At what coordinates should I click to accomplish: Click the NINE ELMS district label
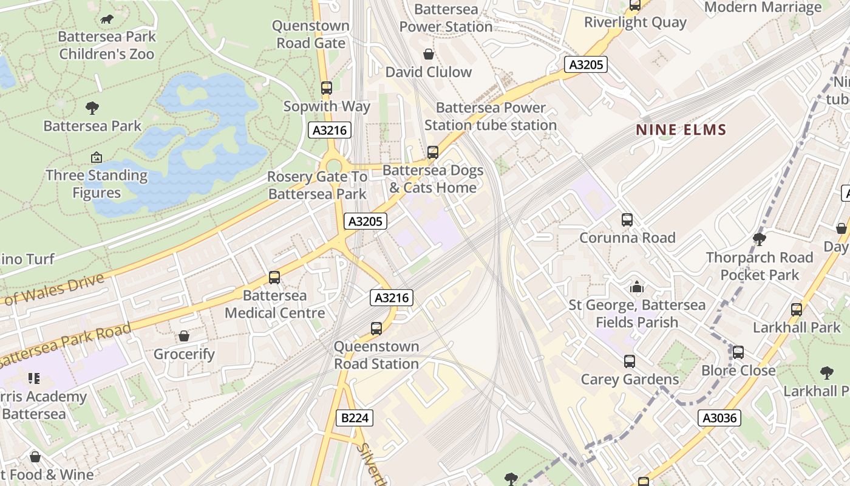pos(681,129)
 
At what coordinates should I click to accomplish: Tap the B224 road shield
pos(355,418)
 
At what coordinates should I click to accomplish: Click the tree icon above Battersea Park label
pos(92,108)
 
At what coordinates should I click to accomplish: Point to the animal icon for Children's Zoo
pos(107,19)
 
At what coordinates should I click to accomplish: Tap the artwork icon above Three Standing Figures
pos(96,158)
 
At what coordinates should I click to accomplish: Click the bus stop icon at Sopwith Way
pos(327,88)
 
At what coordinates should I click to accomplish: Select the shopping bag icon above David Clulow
pos(429,54)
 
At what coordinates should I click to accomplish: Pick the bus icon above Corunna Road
pos(627,220)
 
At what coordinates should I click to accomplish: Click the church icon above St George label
pos(636,287)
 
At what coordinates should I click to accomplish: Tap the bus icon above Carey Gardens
pos(630,361)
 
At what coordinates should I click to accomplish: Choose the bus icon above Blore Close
pos(738,352)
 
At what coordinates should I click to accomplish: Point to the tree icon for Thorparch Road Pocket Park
pos(759,239)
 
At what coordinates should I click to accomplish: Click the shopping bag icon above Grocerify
pos(184,336)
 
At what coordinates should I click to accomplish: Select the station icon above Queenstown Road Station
pos(376,329)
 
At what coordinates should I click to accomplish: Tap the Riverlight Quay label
pos(635,22)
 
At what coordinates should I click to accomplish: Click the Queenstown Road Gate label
pos(310,34)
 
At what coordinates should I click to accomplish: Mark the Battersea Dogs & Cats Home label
pos(433,179)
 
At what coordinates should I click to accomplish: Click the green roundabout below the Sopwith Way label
pos(333,166)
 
